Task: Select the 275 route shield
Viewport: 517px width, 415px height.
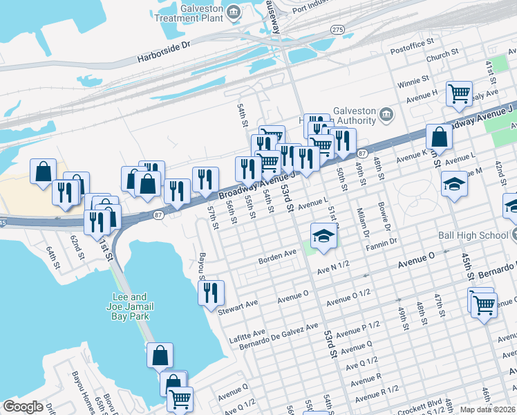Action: point(337,30)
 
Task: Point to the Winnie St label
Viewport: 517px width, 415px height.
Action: point(413,82)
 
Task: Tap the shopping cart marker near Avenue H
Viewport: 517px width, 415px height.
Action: point(459,93)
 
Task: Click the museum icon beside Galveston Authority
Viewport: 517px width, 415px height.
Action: point(386,114)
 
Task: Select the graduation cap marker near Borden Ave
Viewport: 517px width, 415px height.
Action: point(321,235)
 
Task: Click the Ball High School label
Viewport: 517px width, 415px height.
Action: point(473,235)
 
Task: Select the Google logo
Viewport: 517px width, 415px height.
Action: point(23,407)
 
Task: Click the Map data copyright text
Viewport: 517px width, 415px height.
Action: point(487,409)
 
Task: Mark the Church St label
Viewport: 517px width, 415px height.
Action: point(442,53)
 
